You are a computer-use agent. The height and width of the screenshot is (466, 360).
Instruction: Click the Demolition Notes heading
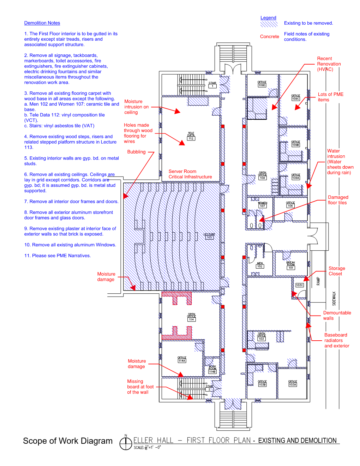42,23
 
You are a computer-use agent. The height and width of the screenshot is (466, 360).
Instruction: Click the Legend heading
268,18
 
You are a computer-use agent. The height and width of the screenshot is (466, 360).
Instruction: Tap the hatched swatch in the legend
269,24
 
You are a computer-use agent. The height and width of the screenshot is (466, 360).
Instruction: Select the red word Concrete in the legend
269,36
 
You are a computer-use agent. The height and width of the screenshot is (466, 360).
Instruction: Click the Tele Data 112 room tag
191,137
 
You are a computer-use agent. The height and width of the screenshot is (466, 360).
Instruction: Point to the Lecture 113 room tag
209,236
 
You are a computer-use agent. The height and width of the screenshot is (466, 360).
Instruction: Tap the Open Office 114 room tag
191,318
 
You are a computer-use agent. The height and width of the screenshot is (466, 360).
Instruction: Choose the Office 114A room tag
182,359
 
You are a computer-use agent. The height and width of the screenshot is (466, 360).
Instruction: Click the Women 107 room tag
263,205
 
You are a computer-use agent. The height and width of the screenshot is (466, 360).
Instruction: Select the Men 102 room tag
260,265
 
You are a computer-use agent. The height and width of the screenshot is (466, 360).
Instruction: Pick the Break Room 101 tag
291,266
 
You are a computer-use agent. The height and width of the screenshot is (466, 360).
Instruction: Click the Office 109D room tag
262,84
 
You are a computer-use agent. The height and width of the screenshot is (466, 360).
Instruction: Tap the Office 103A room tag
293,383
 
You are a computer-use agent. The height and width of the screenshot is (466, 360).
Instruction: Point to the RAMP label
318,281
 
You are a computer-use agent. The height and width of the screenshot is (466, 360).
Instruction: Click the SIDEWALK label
334,298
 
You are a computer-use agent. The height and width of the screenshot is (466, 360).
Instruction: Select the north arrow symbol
126,443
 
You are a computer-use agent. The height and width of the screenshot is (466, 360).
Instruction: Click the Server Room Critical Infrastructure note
190,174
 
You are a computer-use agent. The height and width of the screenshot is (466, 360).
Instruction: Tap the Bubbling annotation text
136,152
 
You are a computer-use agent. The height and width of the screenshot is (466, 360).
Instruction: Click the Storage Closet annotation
337,271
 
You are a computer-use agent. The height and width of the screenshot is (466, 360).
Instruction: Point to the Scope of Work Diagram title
68,441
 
